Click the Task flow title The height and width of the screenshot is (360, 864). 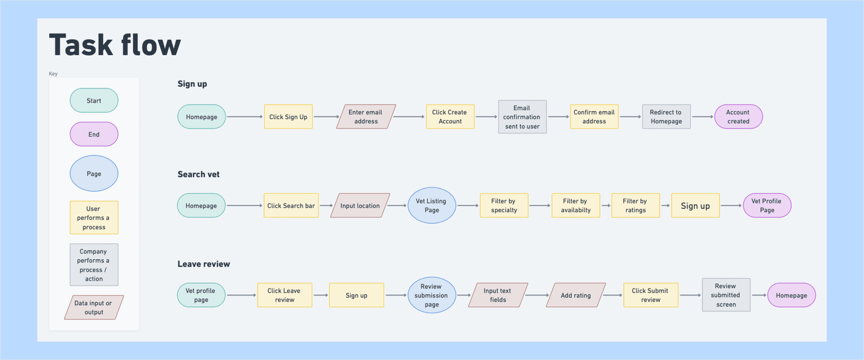(x=114, y=45)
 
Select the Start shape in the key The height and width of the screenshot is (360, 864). (x=94, y=100)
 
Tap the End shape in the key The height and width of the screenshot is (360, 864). (x=94, y=134)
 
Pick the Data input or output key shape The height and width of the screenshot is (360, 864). (x=94, y=307)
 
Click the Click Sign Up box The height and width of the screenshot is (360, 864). (x=288, y=117)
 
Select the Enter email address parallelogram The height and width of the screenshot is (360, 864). (x=366, y=117)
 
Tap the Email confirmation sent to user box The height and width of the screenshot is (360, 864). (x=522, y=117)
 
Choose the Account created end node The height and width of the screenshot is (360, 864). (x=738, y=117)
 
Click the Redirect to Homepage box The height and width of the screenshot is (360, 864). (x=666, y=117)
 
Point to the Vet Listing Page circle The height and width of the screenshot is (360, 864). (x=431, y=206)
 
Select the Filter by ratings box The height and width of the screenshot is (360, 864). (x=635, y=206)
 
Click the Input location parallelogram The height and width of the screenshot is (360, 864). (x=360, y=206)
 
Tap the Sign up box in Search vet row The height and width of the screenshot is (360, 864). (x=695, y=206)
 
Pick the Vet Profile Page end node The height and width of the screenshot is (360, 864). (x=767, y=206)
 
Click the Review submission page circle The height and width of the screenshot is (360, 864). (x=431, y=295)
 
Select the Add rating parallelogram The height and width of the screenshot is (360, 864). (x=576, y=295)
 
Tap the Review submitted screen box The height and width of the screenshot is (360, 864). (x=726, y=295)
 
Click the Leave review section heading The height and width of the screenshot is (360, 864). (x=204, y=264)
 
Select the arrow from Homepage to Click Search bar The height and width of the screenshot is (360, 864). (x=244, y=206)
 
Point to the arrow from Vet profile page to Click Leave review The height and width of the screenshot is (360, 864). (x=241, y=295)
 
